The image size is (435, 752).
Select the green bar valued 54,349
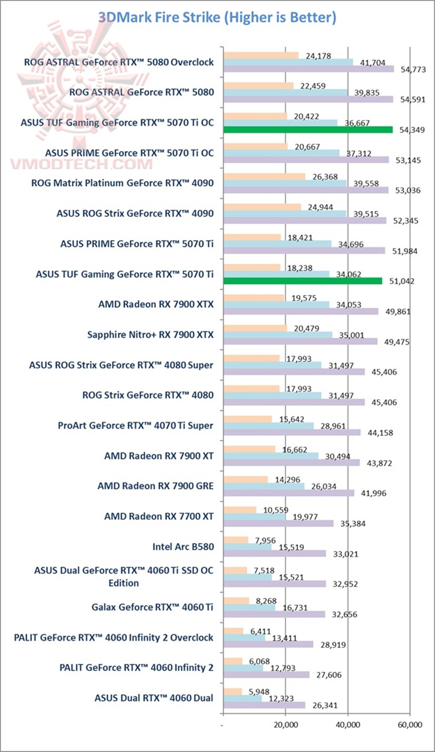click(x=308, y=129)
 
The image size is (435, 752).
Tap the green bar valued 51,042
click(x=303, y=280)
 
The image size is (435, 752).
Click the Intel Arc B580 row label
click(x=183, y=547)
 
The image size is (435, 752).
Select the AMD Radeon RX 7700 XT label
click(x=159, y=517)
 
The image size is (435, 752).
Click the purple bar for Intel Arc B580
click(x=275, y=554)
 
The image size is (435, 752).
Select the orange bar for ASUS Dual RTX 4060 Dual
click(x=233, y=692)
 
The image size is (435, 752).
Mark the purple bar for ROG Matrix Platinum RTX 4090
click(x=306, y=190)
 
